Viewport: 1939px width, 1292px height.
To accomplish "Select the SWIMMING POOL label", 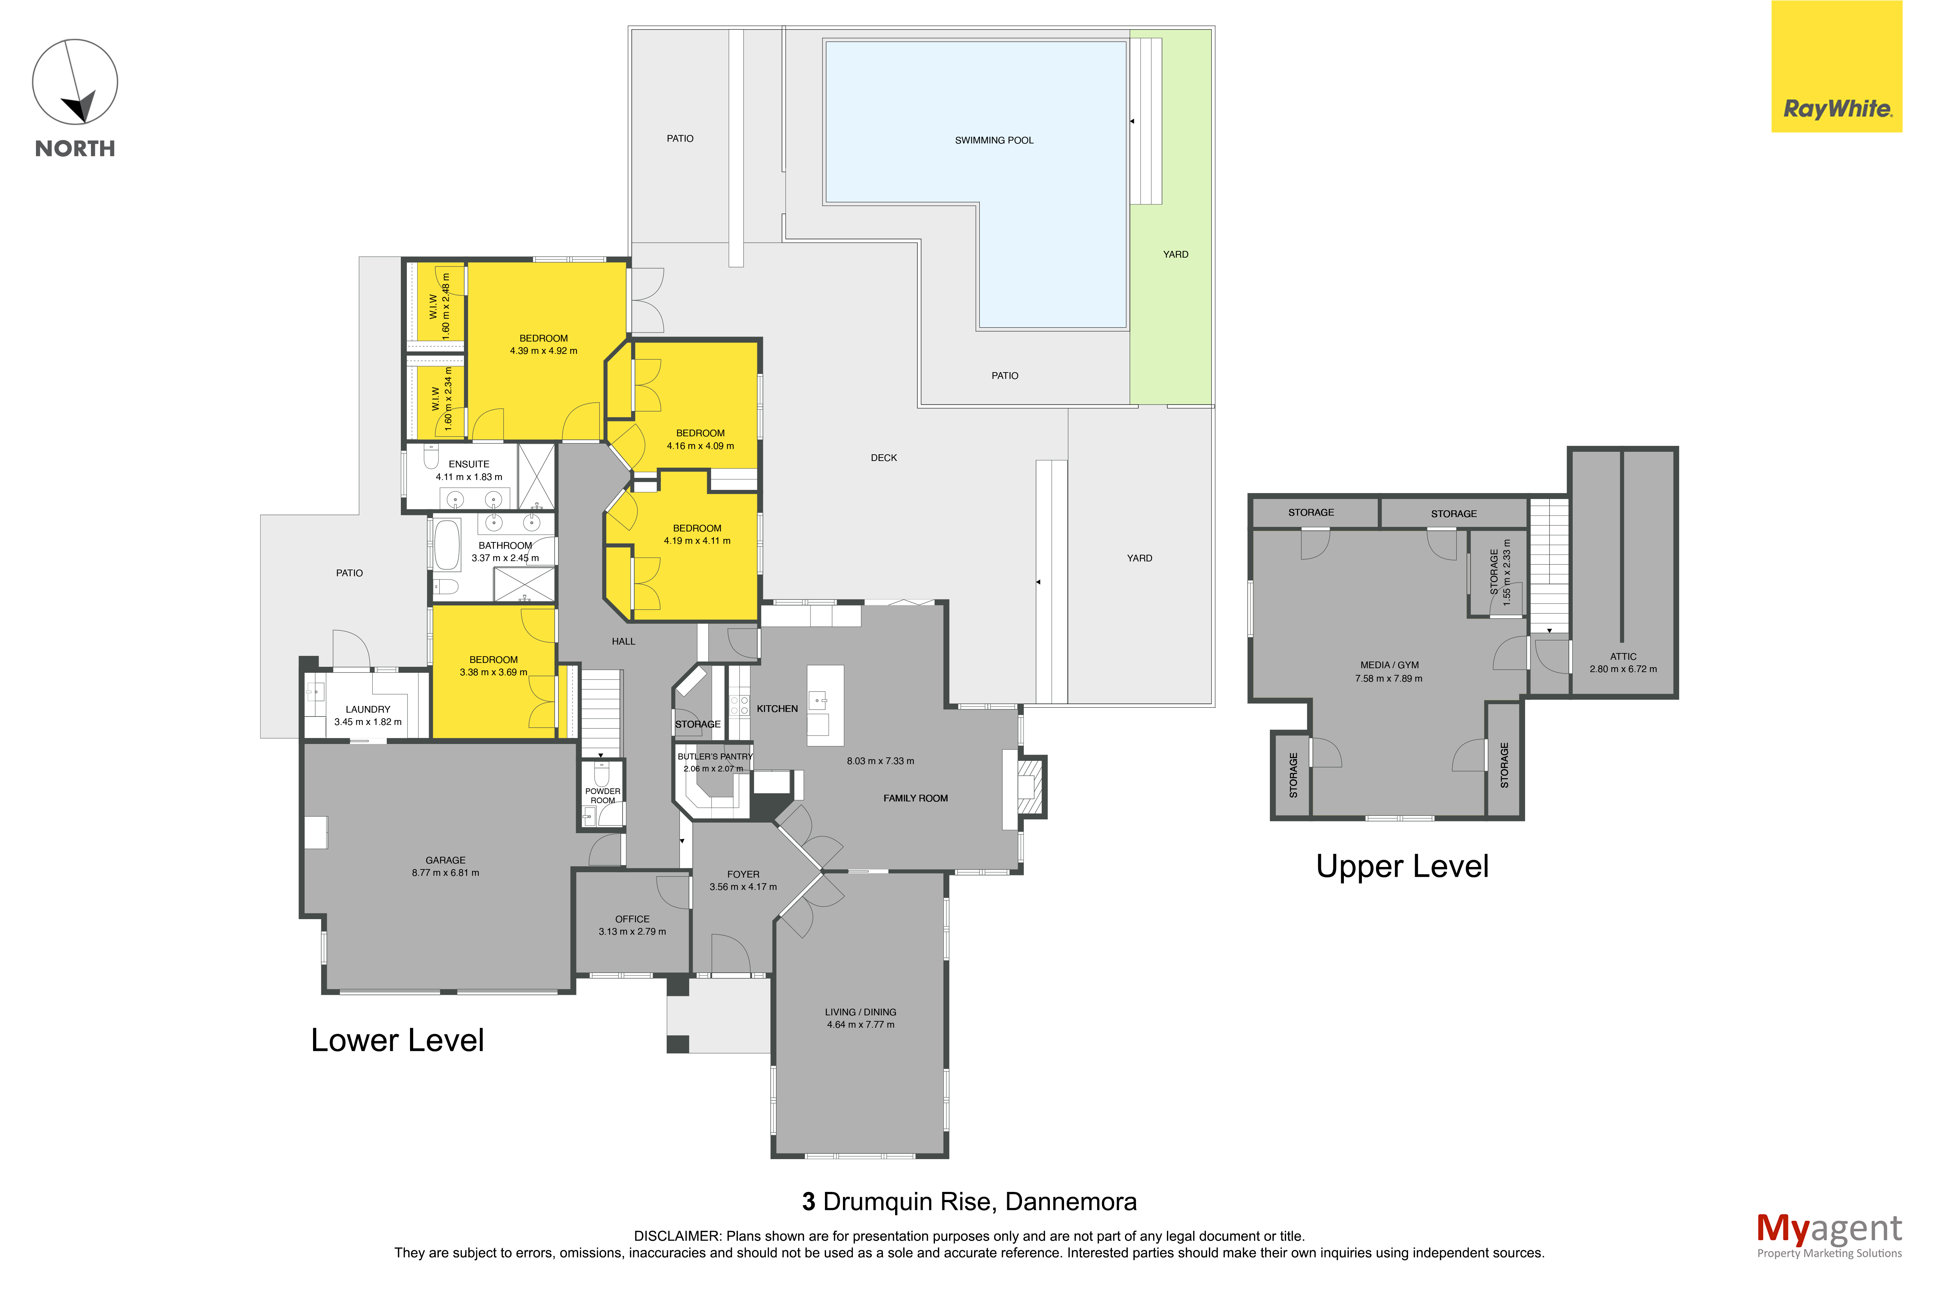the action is [994, 140].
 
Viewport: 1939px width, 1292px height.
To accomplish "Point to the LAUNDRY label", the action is [367, 709].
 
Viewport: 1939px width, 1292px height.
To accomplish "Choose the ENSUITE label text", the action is [469, 464].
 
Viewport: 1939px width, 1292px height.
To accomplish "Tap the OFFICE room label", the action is [632, 919].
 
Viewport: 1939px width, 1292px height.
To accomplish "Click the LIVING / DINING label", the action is [860, 1012].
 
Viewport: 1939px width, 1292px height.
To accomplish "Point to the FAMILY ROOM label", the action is [916, 798].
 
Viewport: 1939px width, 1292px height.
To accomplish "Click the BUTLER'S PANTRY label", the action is [715, 756].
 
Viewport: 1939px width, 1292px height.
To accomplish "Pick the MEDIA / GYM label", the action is [1389, 665].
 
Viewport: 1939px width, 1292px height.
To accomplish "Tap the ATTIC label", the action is [1623, 657].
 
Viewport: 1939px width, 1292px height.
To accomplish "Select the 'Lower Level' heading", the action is [397, 1040].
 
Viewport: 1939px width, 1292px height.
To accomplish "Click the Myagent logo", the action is [1829, 1235].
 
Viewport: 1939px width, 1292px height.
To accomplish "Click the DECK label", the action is [883, 457].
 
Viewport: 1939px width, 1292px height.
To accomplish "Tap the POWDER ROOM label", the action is [603, 795].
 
